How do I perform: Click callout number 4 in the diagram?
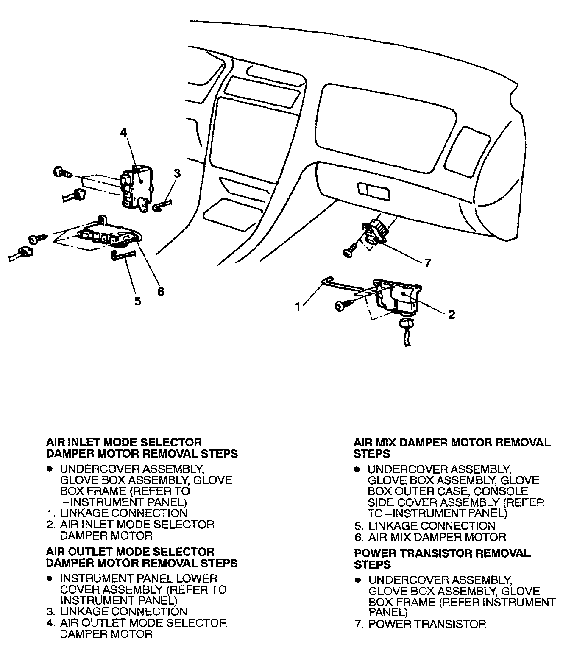click(x=123, y=133)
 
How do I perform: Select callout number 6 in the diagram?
click(x=161, y=292)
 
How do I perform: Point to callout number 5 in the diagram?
click(x=137, y=301)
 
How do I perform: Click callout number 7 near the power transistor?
click(x=427, y=263)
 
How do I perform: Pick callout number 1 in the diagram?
click(x=298, y=307)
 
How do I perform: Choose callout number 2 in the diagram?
click(x=451, y=314)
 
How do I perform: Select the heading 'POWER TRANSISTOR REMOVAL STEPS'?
click(x=442, y=558)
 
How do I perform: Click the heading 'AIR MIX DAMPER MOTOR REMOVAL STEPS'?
click(x=452, y=448)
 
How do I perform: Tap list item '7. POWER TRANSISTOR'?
click(x=421, y=624)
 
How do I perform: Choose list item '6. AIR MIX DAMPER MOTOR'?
click(x=430, y=537)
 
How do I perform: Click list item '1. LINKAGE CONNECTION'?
click(x=117, y=513)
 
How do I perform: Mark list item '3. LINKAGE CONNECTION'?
click(x=117, y=611)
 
